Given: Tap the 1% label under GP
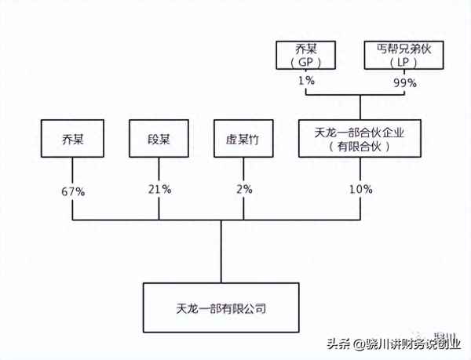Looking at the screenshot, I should point(306,82).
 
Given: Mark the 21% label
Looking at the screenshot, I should point(161,189).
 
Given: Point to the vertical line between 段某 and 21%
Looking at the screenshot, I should point(161,169).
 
